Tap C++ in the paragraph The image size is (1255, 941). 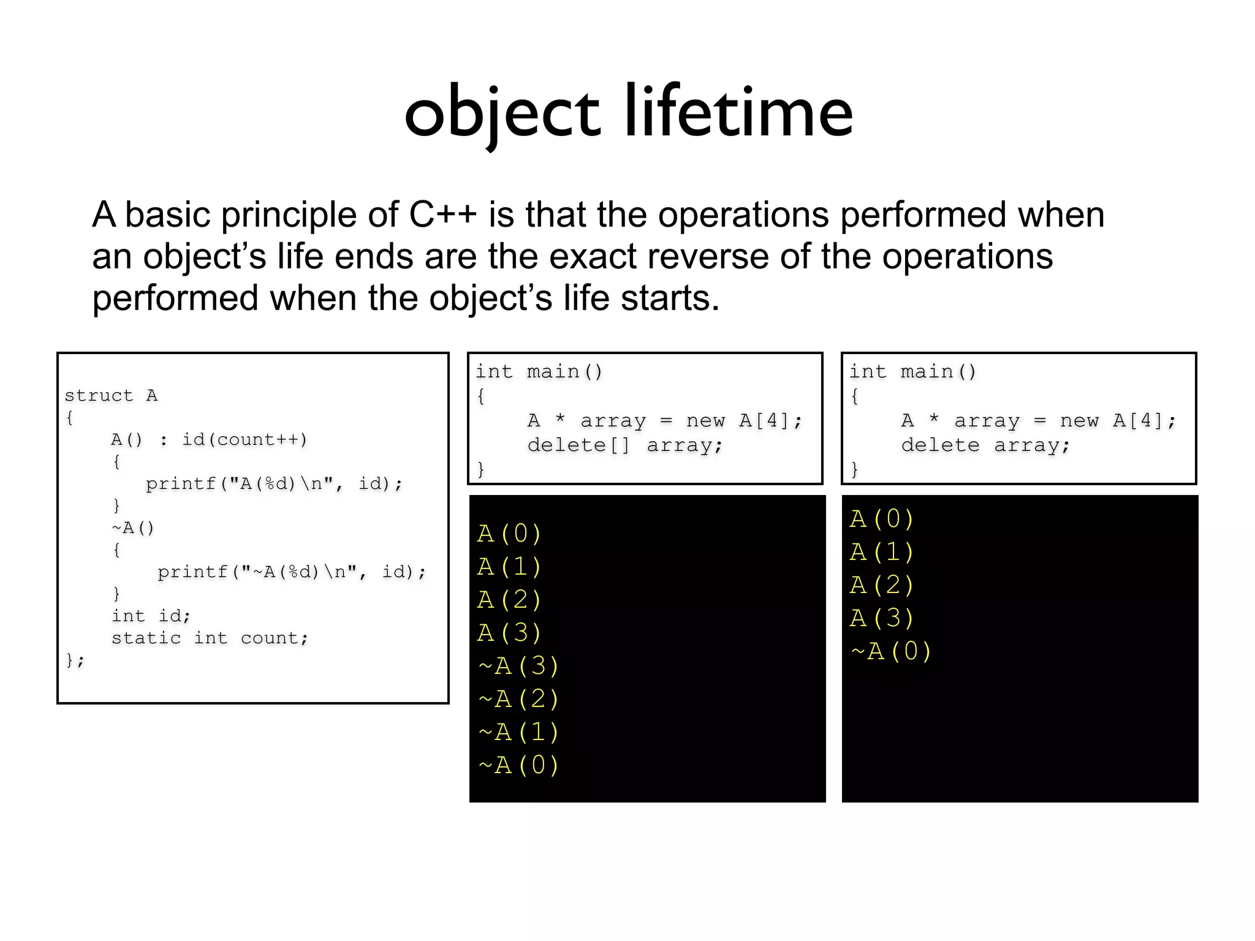tap(442, 215)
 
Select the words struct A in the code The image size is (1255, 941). tap(111, 396)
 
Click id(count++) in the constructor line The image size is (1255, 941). tap(245, 440)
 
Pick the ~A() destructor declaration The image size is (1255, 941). tap(133, 528)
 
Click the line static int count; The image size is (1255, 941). tap(210, 638)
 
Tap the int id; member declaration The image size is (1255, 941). tap(151, 616)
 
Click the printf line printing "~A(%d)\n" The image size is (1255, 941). tap(291, 572)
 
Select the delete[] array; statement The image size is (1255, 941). tap(625, 445)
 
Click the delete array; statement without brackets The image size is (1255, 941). tap(985, 445)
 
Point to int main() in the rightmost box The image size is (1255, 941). tap(912, 372)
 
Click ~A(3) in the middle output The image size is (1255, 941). tap(518, 666)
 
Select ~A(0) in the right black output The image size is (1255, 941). tap(891, 651)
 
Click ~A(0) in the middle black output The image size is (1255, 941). tap(518, 765)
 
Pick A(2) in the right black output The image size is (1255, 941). tap(882, 585)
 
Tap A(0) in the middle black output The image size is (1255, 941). tap(509, 534)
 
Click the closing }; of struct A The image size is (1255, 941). tap(75, 660)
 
